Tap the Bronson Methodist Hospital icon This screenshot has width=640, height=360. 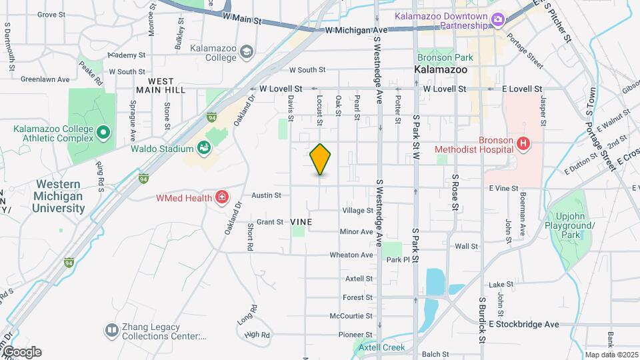click(523, 143)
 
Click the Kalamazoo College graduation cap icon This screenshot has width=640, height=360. click(247, 51)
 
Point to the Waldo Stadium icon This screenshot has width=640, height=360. click(205, 148)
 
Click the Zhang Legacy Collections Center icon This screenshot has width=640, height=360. click(111, 330)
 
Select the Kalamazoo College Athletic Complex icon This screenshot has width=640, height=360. click(103, 133)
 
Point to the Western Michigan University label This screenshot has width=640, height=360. click(59, 196)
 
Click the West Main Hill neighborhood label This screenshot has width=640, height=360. click(160, 84)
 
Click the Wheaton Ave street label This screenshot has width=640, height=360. click(351, 255)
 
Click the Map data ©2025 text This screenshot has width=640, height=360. click(611, 355)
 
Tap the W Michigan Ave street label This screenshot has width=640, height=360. click(357, 31)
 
